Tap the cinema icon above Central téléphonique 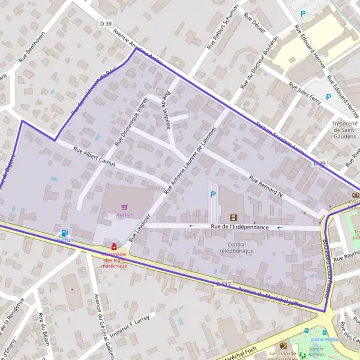(233, 217)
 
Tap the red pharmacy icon (113, 246)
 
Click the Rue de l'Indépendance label (240, 227)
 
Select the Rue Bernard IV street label (265, 187)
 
